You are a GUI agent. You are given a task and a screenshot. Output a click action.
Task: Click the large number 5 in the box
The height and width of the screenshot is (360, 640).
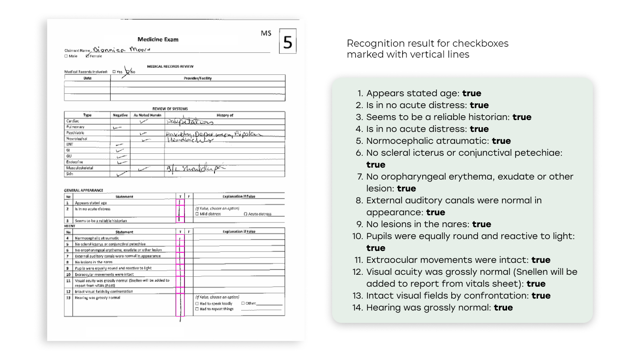tap(287, 42)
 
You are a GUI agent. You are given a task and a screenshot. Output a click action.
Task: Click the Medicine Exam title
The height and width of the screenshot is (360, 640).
tap(158, 40)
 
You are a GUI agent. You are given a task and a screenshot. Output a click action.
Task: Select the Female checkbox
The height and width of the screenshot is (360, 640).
tap(87, 56)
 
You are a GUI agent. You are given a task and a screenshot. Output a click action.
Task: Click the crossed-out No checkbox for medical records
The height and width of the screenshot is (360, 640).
tap(128, 72)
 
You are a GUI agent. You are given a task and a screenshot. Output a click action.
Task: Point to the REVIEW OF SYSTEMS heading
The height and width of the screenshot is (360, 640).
tap(170, 109)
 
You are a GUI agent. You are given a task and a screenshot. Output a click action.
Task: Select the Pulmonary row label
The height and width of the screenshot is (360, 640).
tap(75, 127)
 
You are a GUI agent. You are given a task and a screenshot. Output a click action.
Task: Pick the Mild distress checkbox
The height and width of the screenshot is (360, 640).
tap(197, 214)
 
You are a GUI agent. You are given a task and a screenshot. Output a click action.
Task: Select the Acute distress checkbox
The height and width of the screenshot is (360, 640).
tap(245, 214)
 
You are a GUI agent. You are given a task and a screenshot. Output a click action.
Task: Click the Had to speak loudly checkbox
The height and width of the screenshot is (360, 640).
tap(197, 303)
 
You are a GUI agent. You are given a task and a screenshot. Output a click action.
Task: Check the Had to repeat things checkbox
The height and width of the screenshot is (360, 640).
tap(197, 309)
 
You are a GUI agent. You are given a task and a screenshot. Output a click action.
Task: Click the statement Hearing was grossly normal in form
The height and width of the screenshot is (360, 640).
tap(97, 298)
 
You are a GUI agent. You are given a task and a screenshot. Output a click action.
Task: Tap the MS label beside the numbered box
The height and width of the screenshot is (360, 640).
tap(266, 33)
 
